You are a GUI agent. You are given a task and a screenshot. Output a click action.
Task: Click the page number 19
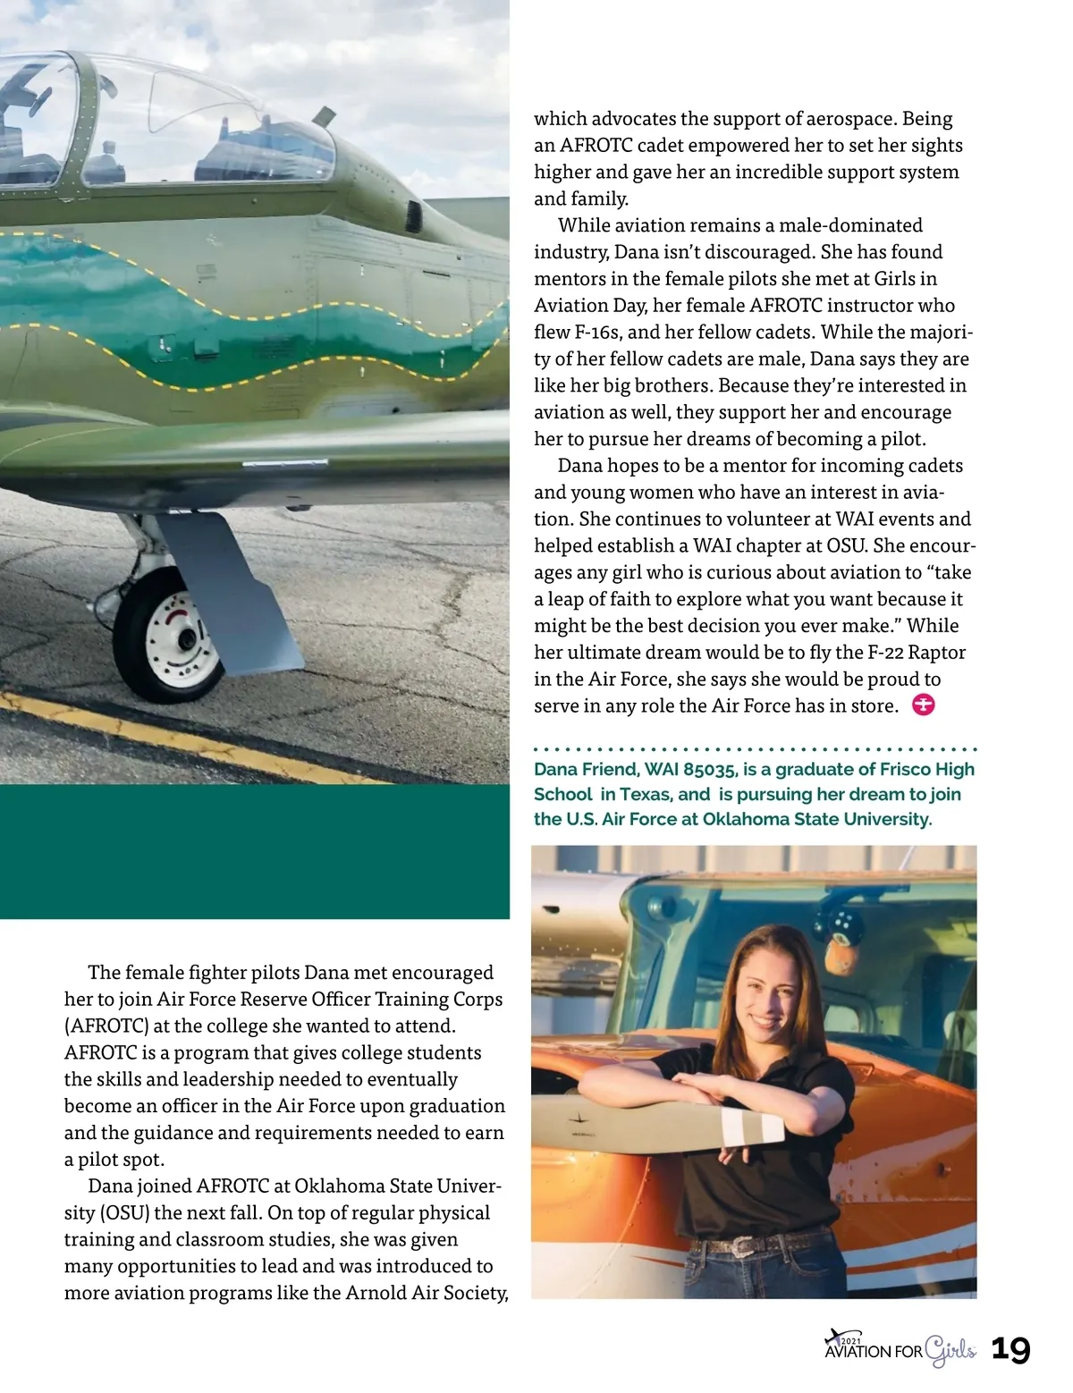[1010, 1349]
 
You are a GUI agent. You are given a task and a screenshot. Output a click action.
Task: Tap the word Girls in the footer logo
[950, 1350]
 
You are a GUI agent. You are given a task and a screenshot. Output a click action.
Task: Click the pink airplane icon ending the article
[923, 705]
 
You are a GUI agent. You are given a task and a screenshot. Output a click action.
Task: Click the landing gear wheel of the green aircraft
[170, 636]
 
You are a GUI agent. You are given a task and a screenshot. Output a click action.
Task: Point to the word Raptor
[937, 652]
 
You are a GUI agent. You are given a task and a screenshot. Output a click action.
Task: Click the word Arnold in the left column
[376, 1293]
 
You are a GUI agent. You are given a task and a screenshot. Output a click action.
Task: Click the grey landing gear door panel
[235, 595]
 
